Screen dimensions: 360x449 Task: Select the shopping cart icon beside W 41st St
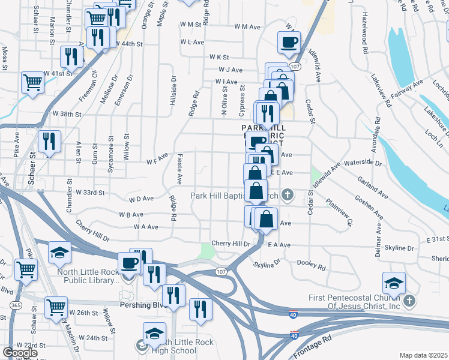pos(32,82)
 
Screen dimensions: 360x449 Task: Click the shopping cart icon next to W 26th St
pos(56,307)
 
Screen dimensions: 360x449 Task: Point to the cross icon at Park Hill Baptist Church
pos(288,194)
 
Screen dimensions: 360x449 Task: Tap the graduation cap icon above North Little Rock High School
pos(154,332)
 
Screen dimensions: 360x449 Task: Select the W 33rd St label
pos(90,193)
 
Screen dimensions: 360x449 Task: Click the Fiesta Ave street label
pos(179,169)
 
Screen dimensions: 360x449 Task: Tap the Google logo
pos(20,352)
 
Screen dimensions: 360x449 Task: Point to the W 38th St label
pos(66,113)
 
